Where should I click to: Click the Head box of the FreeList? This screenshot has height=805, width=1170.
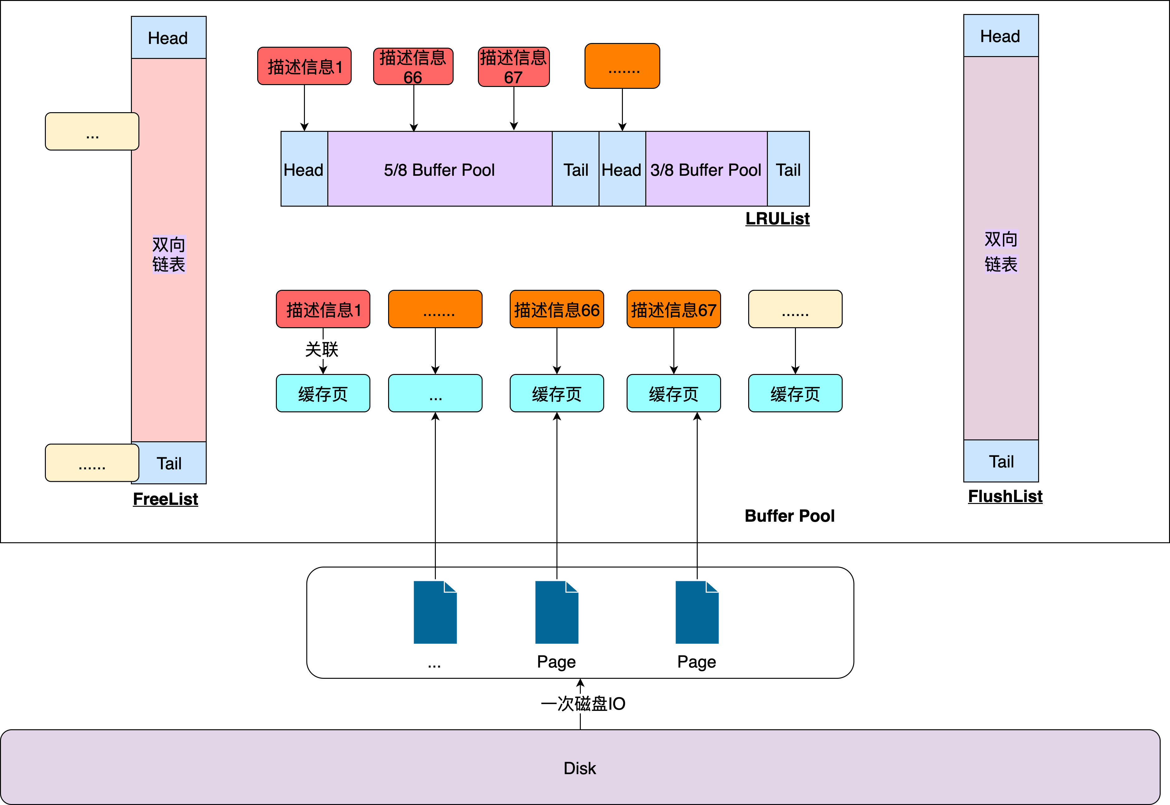[169, 37]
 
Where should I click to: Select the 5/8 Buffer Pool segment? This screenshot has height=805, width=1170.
[440, 170]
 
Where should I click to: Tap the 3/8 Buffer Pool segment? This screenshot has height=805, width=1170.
[706, 170]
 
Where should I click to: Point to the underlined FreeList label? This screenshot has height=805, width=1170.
[166, 499]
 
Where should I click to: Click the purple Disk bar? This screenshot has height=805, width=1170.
[580, 767]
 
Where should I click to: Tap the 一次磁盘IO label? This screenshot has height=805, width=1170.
[583, 703]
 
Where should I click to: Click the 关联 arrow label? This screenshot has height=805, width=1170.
[322, 349]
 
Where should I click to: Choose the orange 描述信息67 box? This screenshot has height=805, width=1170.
[674, 309]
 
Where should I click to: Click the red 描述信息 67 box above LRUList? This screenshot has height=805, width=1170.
[513, 67]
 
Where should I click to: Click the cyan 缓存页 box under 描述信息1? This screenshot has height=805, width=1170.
[323, 393]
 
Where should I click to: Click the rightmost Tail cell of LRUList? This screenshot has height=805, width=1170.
[788, 170]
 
